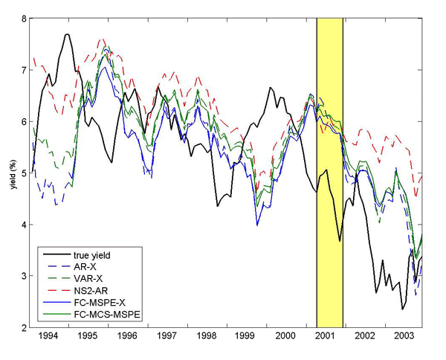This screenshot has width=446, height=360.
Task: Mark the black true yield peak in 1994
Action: [x=68, y=34]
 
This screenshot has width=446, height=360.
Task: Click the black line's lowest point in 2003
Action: [x=402, y=309]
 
